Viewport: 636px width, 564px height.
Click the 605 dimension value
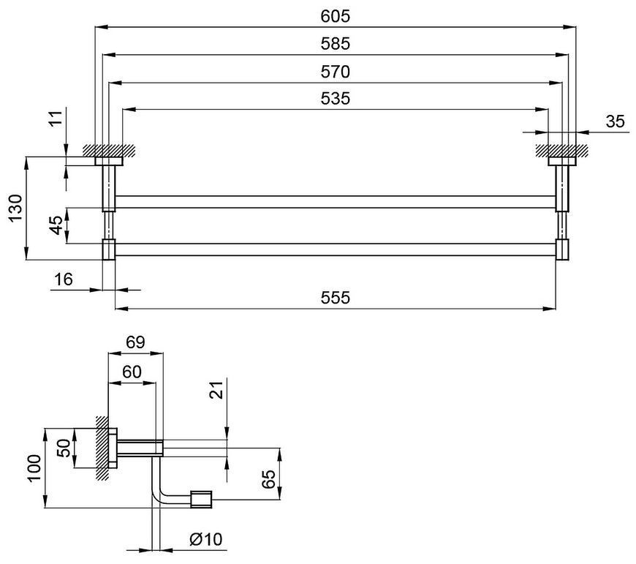pos(335,16)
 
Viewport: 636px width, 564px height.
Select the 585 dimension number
pos(335,44)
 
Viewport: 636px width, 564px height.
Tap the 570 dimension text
pos(335,72)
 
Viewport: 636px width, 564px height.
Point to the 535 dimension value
pos(335,99)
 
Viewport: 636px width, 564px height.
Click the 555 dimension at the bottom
pos(335,298)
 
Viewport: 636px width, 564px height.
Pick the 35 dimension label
pos(616,121)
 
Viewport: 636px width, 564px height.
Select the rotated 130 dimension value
pos(15,208)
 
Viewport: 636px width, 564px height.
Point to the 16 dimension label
pos(64,279)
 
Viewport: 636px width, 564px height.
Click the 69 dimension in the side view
pos(135,342)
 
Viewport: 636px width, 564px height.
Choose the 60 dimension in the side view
pos(132,372)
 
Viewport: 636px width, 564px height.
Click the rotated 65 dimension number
pos(268,479)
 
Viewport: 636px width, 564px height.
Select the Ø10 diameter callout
pos(206,539)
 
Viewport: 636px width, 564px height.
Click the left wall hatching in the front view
pos(108,150)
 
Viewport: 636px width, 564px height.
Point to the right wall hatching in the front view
pos(561,150)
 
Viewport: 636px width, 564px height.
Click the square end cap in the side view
pos(201,500)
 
